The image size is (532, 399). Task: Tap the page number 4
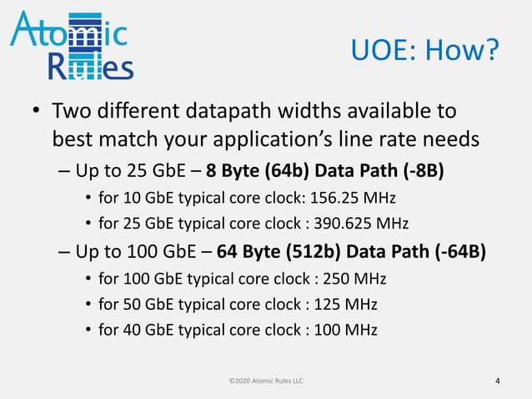click(x=498, y=381)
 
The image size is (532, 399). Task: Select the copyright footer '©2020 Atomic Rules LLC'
click(x=266, y=381)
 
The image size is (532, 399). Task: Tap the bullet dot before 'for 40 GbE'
click(x=88, y=329)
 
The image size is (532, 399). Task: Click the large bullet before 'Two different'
click(x=37, y=112)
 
